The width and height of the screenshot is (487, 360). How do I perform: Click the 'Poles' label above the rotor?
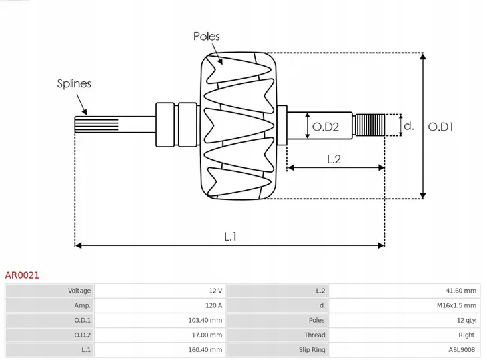[206, 36]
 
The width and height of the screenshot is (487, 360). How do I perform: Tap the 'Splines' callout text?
[73, 84]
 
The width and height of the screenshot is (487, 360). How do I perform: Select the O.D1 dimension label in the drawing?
[440, 126]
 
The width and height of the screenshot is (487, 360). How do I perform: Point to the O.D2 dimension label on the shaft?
[326, 127]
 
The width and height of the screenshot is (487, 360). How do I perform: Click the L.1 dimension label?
[230, 236]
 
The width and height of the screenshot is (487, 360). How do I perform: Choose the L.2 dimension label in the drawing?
[334, 159]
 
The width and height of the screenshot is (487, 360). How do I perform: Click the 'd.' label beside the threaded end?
[409, 125]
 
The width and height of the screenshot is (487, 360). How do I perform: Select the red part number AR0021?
[22, 275]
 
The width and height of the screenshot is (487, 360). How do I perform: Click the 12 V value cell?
[215, 291]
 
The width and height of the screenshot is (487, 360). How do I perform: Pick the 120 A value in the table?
[213, 305]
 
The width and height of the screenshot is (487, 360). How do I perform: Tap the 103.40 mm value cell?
[205, 320]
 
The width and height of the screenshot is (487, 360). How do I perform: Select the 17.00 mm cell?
[207, 335]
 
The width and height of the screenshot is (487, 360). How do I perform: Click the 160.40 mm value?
[205, 349]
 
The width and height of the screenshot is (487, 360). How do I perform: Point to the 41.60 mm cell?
[461, 291]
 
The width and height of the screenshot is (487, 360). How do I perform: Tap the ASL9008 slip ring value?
[462, 349]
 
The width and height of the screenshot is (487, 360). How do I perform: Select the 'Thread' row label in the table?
[315, 335]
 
